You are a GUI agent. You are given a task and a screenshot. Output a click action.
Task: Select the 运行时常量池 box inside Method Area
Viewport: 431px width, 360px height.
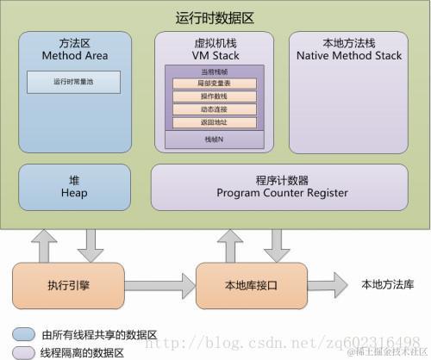pyautogui.click(x=73, y=83)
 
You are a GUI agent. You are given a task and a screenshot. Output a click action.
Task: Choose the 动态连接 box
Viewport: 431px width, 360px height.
pyautogui.click(x=215, y=110)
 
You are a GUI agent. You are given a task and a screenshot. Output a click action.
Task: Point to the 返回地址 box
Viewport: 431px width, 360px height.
pyautogui.click(x=215, y=123)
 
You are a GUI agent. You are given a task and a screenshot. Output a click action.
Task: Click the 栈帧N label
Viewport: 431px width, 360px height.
pyautogui.click(x=215, y=138)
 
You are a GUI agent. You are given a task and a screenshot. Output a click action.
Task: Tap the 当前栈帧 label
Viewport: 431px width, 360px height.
pyautogui.click(x=215, y=71)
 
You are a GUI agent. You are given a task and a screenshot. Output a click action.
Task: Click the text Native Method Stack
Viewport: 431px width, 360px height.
pyautogui.click(x=349, y=55)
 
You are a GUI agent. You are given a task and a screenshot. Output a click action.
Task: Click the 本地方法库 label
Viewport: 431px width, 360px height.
pyautogui.click(x=387, y=284)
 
